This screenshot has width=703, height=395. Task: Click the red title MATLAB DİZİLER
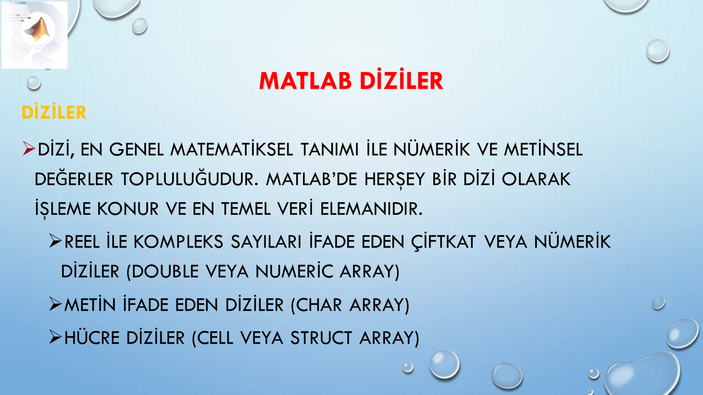[x=351, y=81]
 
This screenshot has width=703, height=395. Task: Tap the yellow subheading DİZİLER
[x=54, y=112]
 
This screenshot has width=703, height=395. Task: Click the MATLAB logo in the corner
[x=35, y=35]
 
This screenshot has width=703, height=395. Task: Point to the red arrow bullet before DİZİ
[x=29, y=149]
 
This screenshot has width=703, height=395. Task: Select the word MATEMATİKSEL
[x=232, y=149]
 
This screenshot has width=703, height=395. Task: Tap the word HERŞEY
[x=394, y=179]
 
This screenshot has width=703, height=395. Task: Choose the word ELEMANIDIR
[x=371, y=209]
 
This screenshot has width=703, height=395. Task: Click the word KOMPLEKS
[x=178, y=242]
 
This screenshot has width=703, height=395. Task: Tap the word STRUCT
[x=321, y=338]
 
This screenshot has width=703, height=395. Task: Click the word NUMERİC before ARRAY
[x=294, y=272]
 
